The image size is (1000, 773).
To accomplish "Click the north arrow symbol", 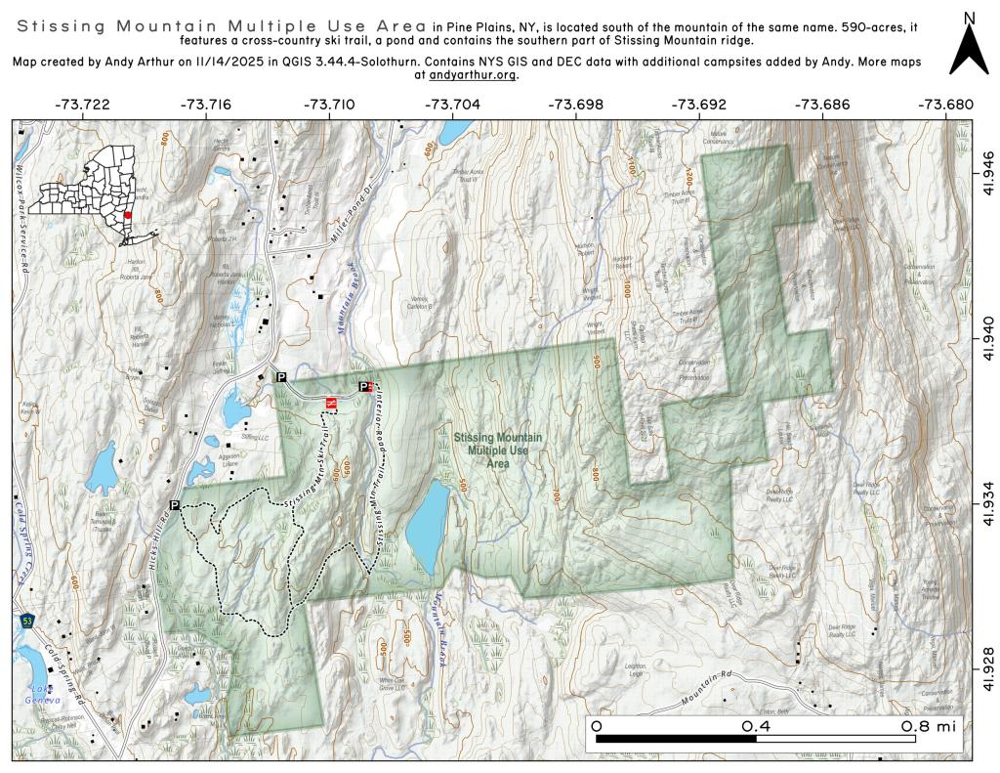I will pos(970,45).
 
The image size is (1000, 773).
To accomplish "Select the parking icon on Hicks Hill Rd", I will pos(176,504).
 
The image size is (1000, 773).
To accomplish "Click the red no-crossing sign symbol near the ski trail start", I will pos(331,402).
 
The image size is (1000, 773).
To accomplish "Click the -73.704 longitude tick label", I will pos(453,104).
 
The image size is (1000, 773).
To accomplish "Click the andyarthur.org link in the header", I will pos(472,75).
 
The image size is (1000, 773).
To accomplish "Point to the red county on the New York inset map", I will pos(128,216).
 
